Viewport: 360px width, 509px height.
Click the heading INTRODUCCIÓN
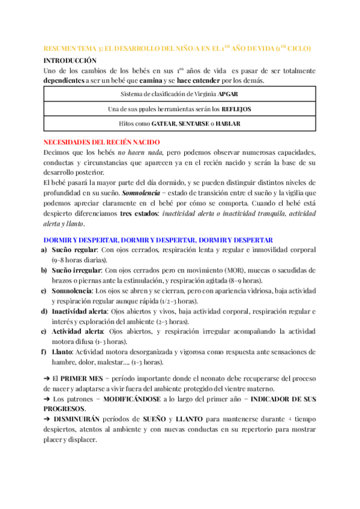pos(70,61)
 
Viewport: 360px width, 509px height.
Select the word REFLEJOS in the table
pos(236,109)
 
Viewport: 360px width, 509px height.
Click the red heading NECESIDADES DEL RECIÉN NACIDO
pos(102,142)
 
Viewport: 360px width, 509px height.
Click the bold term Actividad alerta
pos(77,331)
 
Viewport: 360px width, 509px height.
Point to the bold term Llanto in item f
pos(62,352)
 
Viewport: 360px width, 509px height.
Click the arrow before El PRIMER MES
pos(47,379)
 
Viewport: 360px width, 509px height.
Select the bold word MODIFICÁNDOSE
pos(149,399)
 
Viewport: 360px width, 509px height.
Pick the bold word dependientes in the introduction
pos(64,80)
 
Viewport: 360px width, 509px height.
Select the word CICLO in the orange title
pos(298,48)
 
